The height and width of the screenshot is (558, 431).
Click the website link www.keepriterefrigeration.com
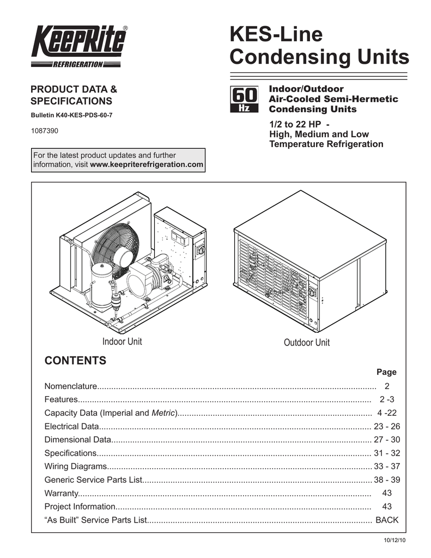tap(147, 165)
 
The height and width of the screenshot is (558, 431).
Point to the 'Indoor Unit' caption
tap(122, 342)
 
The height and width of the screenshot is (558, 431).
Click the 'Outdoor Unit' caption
tap(306, 342)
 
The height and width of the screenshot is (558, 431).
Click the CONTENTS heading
tap(75, 361)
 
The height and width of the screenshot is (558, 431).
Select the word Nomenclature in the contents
tap(70, 387)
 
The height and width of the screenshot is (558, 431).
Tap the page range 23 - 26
tap(387, 426)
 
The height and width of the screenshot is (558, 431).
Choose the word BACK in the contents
tap(387, 520)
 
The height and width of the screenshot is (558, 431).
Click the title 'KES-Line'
tap(276, 35)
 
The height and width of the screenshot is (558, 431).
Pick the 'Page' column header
tap(387, 373)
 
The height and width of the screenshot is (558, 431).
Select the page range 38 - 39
tap(387, 480)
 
